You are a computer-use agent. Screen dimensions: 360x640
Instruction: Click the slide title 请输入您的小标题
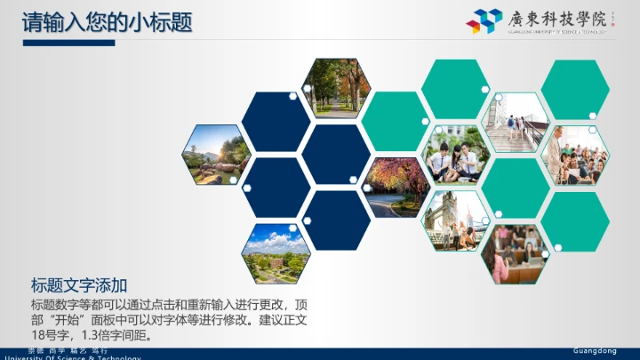(x=107, y=21)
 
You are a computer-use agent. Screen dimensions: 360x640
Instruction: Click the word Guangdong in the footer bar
(x=594, y=350)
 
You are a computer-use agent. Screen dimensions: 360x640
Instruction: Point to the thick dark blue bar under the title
(x=68, y=43)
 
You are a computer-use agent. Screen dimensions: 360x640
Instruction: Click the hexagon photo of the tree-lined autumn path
(x=335, y=88)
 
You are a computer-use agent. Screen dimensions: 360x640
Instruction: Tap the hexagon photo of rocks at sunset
(x=215, y=154)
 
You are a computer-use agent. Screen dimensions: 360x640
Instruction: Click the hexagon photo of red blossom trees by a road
(x=396, y=188)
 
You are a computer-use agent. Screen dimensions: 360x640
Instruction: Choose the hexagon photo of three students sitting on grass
(x=455, y=154)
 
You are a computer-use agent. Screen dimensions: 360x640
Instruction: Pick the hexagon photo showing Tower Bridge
(x=455, y=220)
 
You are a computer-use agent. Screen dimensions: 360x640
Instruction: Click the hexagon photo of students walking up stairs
(x=515, y=121)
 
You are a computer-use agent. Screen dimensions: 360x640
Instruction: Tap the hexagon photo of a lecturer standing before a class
(x=574, y=155)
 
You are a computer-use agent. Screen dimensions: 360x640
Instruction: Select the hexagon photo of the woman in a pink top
(x=515, y=252)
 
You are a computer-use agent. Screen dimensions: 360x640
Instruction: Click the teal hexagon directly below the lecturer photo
(x=574, y=220)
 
